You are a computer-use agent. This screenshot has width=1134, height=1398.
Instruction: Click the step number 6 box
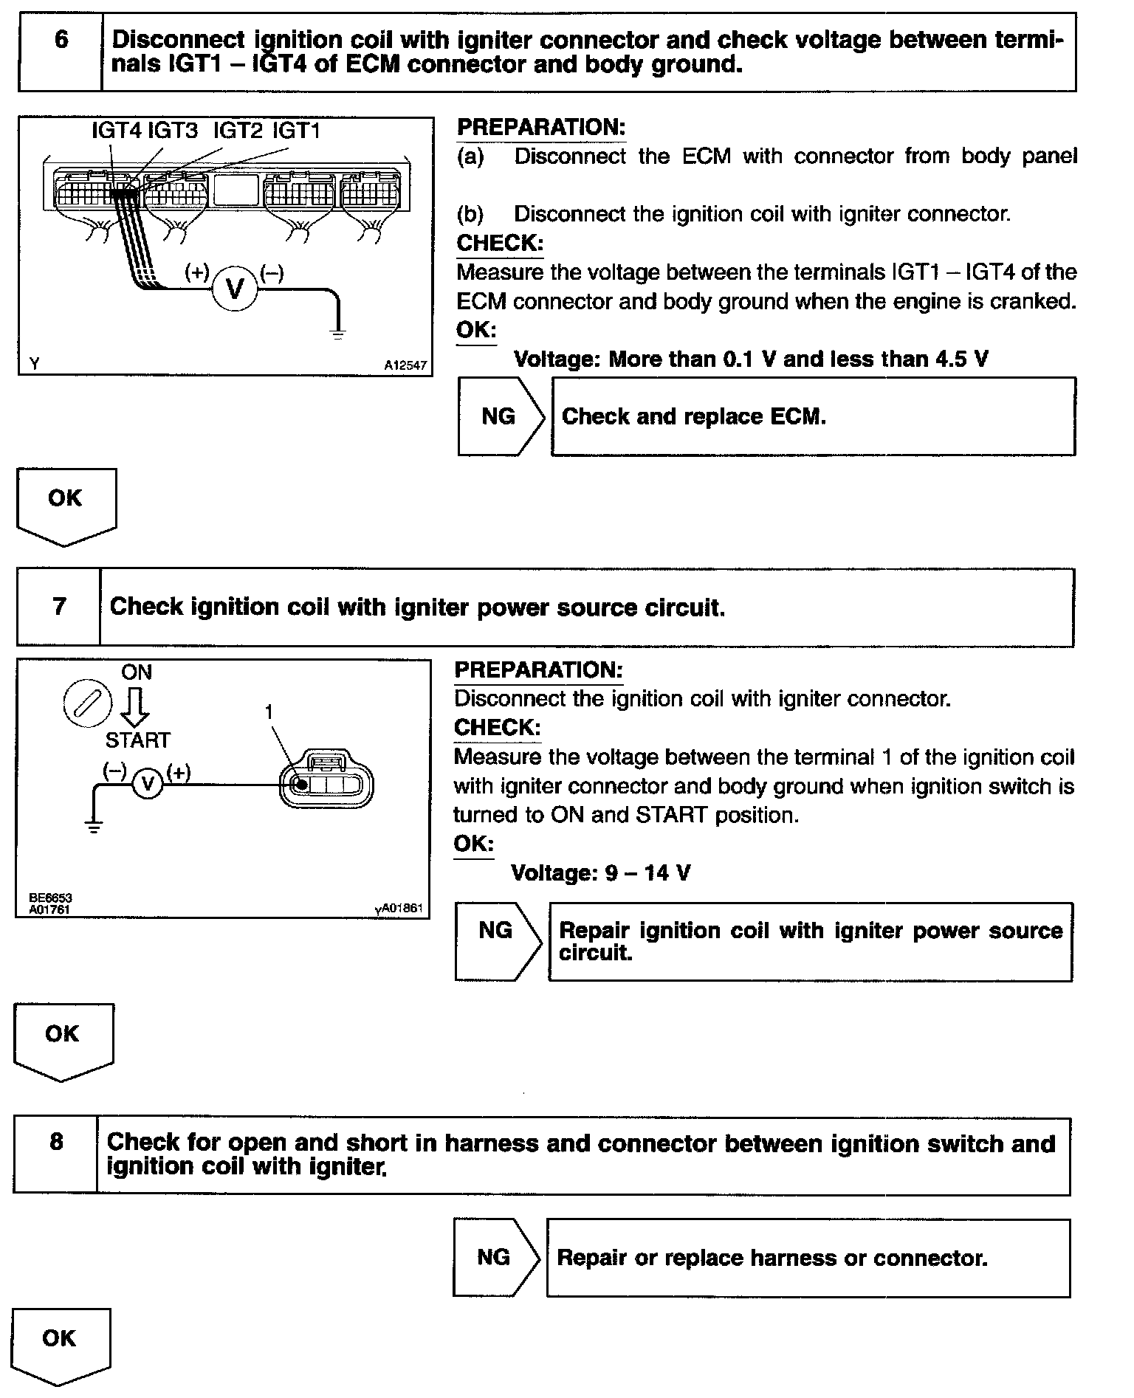61,51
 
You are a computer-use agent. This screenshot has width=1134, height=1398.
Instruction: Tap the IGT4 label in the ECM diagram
116,131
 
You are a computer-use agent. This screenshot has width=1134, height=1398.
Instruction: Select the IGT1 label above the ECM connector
296,131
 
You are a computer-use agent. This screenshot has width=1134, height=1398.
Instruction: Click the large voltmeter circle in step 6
235,289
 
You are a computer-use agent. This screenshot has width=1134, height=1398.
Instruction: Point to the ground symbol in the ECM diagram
337,334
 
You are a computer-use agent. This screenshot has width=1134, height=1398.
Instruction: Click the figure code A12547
405,365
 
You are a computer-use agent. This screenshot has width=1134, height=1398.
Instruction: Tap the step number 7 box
59,607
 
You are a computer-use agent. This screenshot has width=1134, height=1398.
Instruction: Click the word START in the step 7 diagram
137,740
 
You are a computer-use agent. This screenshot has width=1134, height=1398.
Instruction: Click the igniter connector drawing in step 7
326,782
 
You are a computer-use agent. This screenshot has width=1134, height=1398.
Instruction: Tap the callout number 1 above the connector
269,712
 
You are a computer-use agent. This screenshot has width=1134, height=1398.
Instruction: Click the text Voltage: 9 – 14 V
600,873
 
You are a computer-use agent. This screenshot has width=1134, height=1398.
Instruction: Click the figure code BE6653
50,898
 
